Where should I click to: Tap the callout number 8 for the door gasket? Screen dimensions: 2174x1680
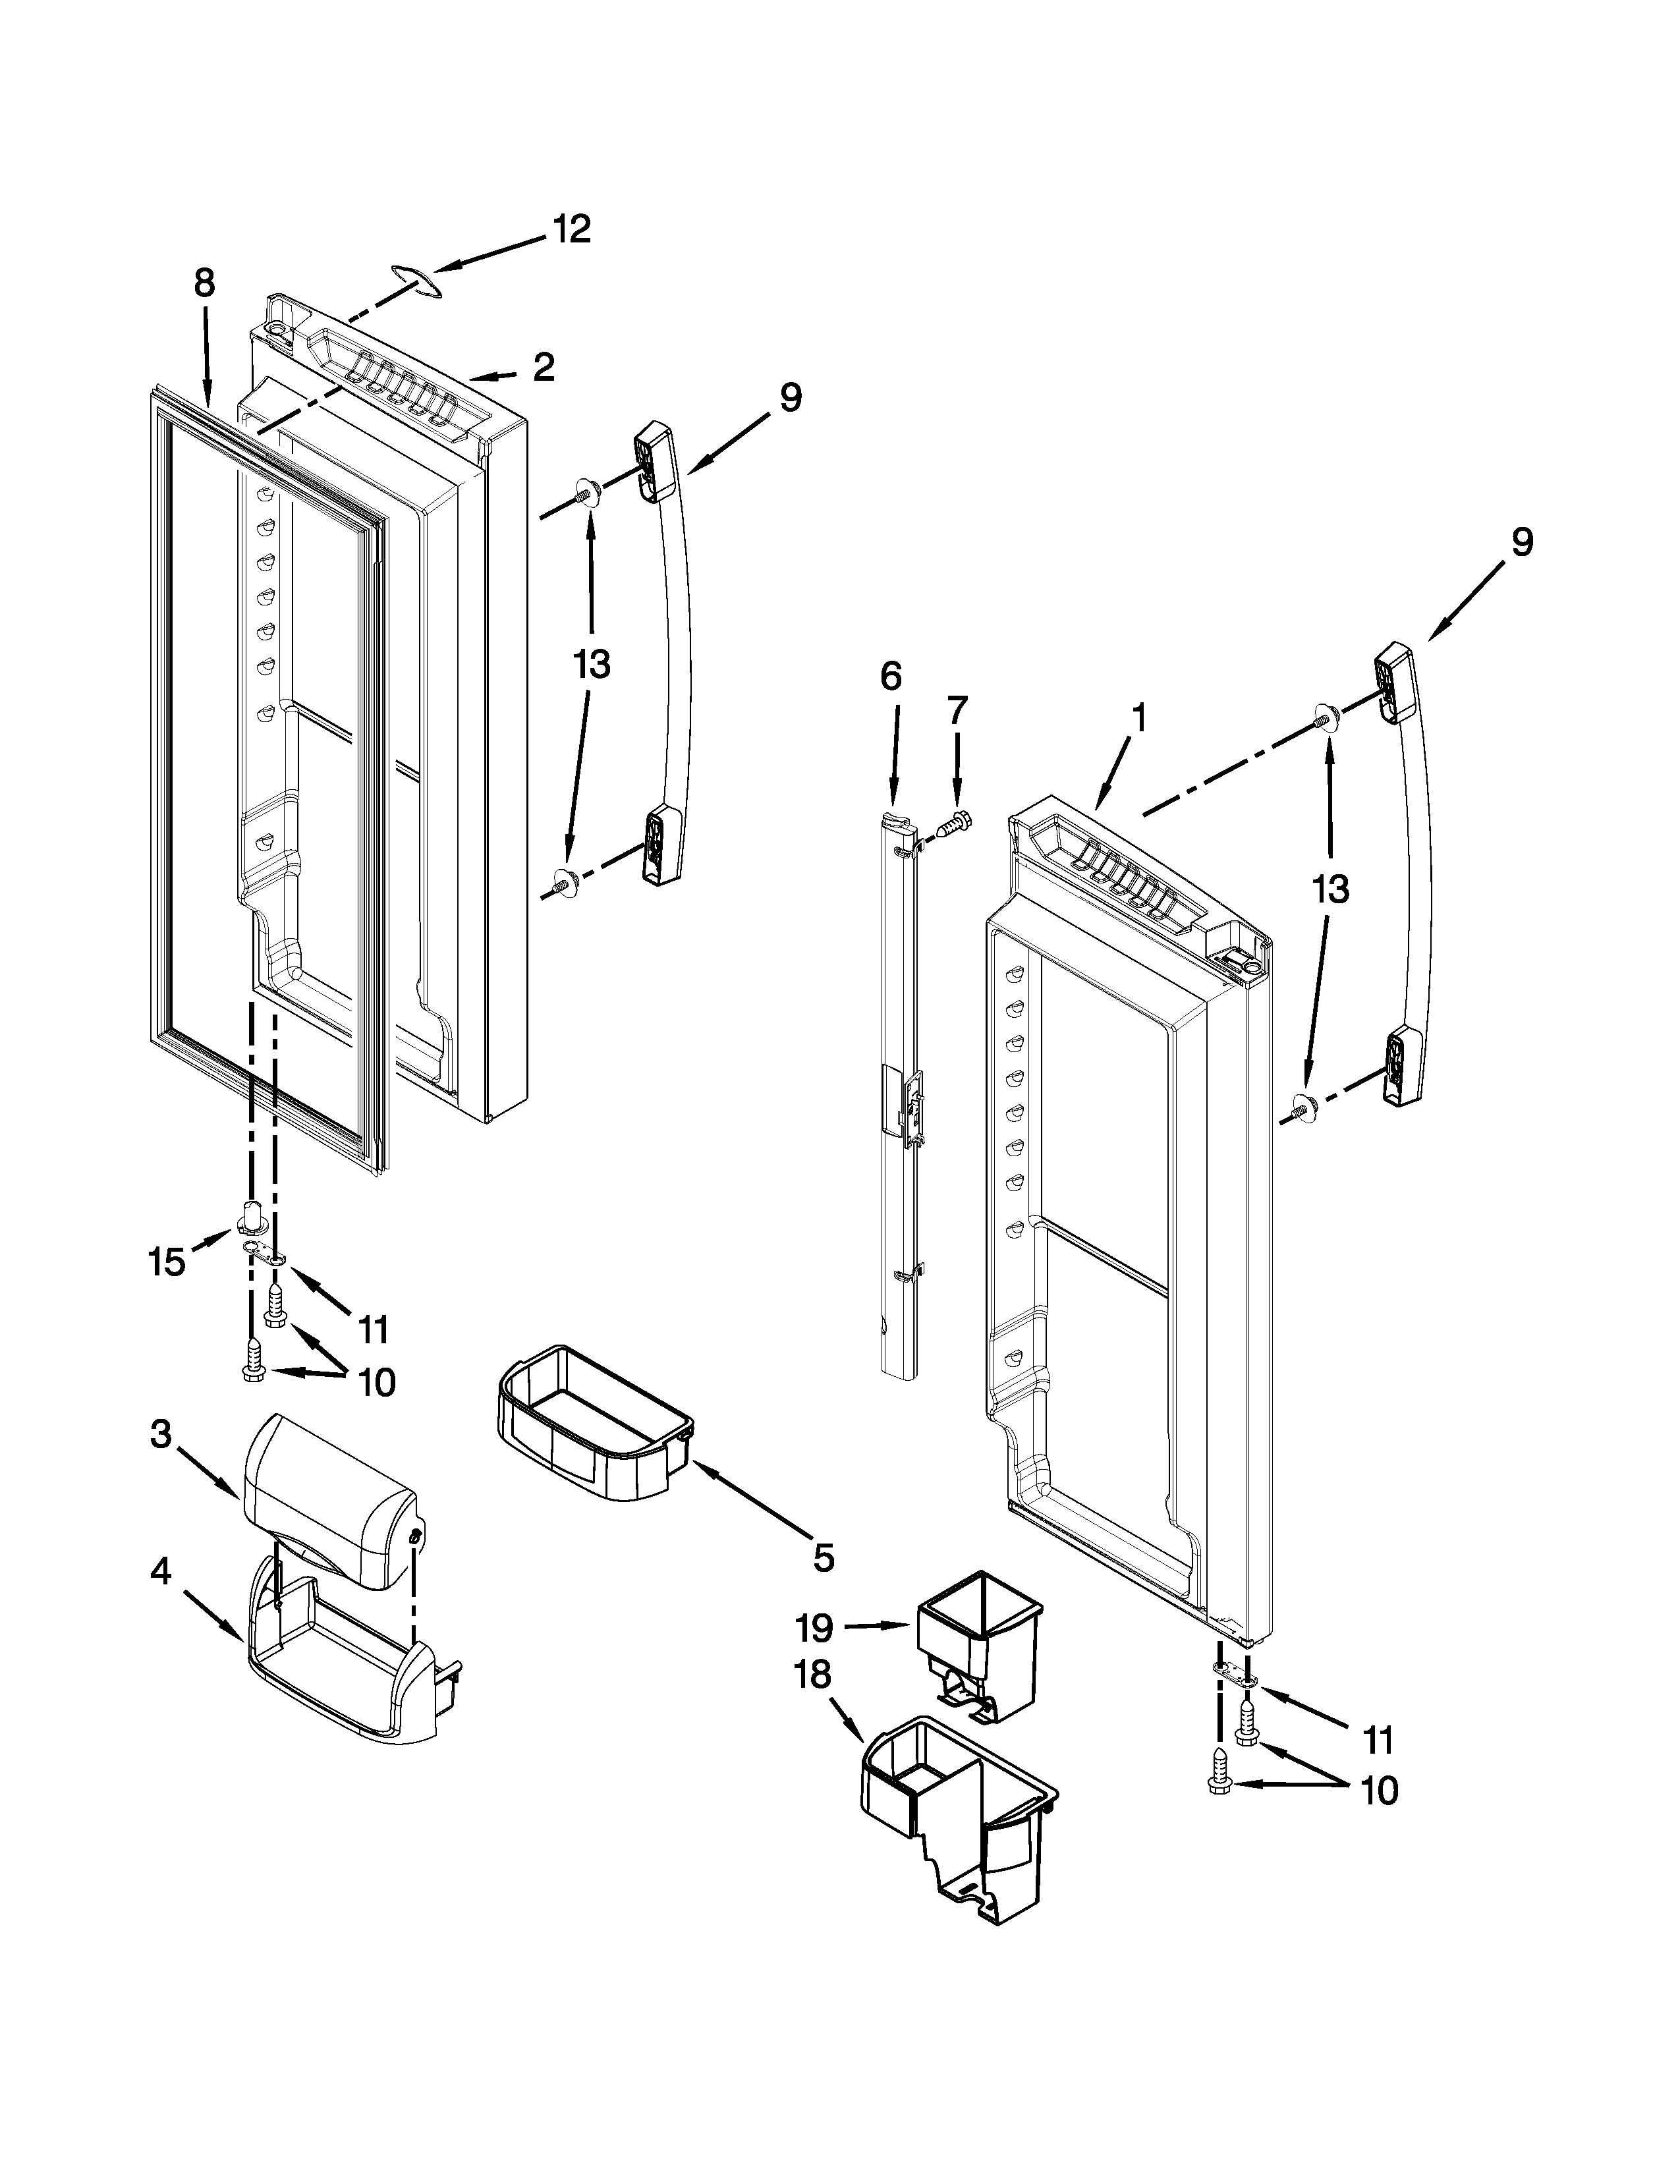(x=204, y=284)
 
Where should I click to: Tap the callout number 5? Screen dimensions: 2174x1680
(x=823, y=1558)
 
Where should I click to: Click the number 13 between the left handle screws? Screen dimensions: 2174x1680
(x=591, y=664)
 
